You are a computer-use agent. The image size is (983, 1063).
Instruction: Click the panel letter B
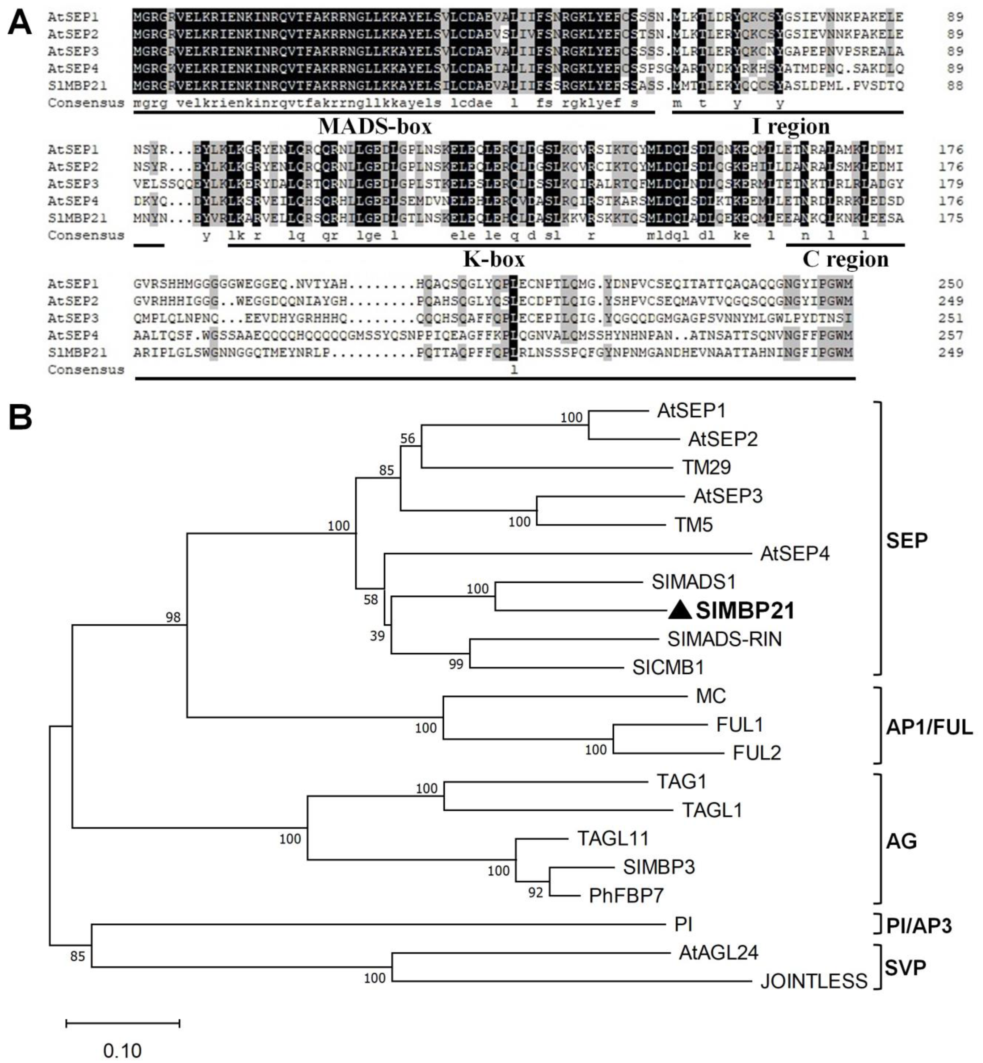click(20, 418)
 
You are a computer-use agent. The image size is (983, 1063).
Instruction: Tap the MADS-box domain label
click(375, 126)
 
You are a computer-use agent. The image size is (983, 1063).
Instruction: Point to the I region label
click(791, 126)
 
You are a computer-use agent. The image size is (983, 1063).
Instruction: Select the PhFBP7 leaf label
click(626, 896)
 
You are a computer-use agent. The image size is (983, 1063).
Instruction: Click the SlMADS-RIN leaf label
click(725, 639)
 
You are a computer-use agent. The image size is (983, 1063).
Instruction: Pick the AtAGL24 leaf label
click(718, 952)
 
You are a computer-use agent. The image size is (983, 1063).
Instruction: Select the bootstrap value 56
click(408, 438)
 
